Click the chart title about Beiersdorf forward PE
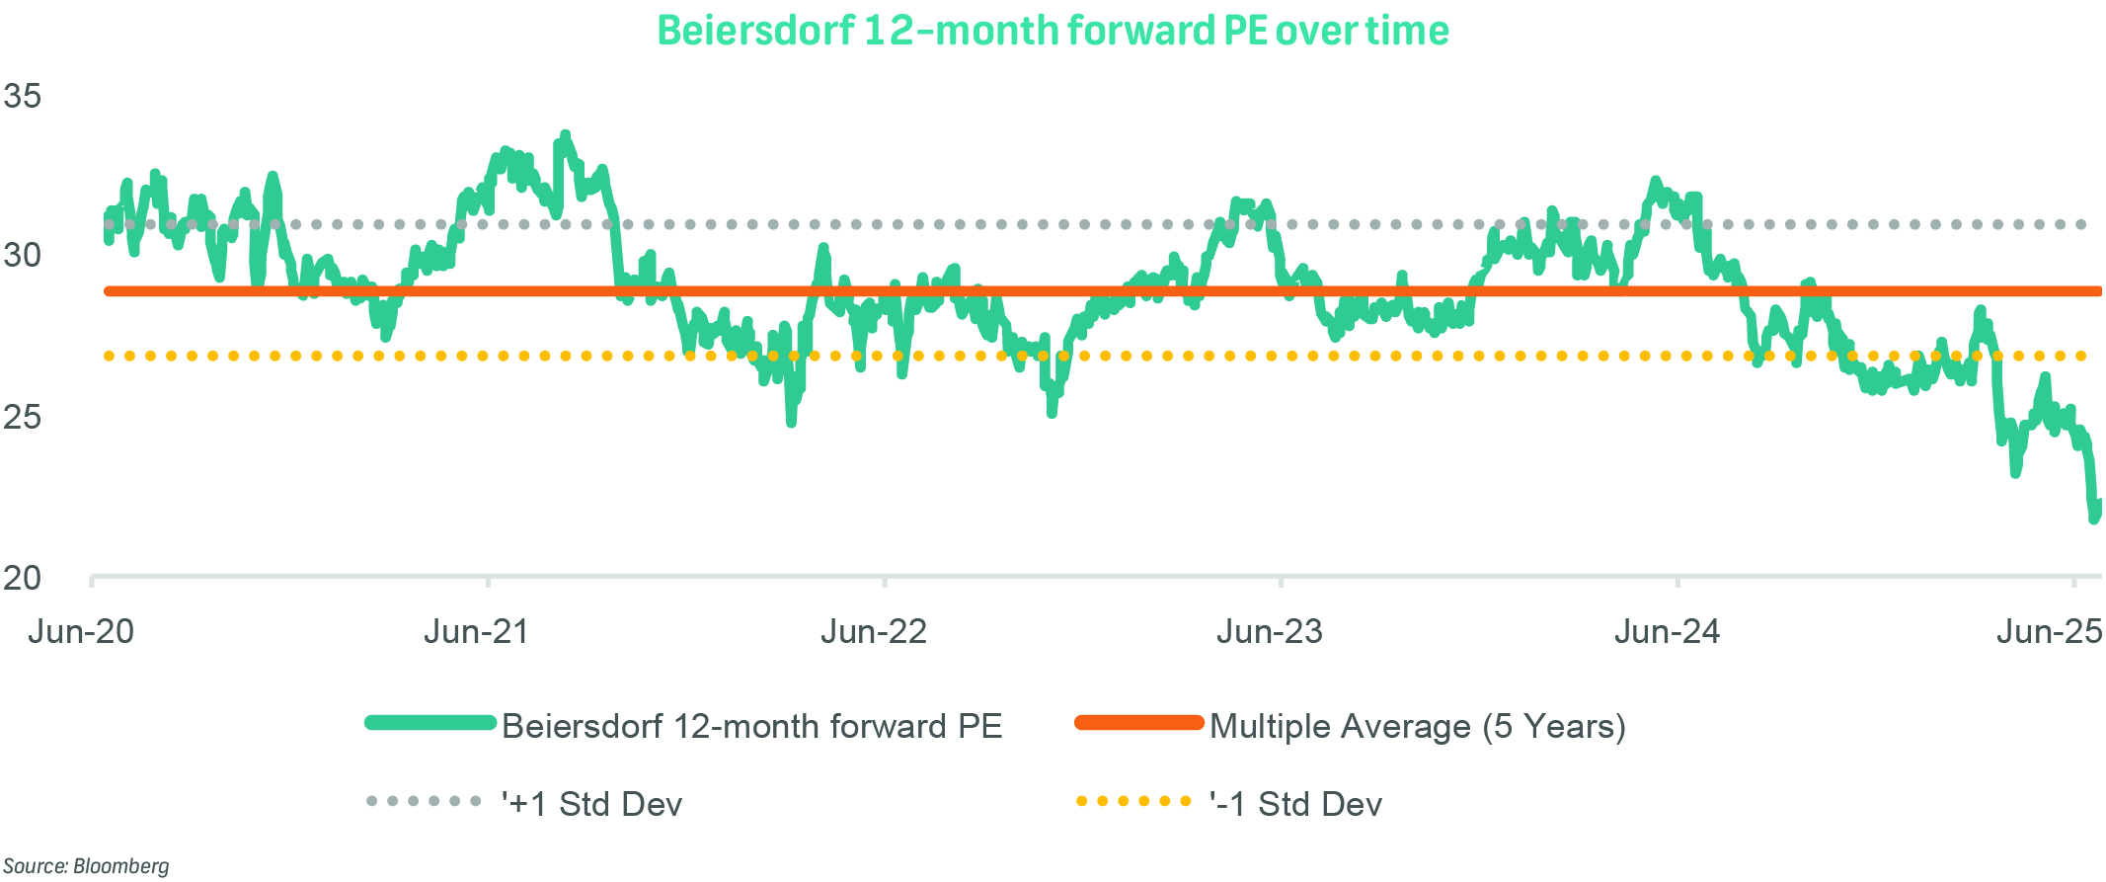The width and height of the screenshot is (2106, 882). coord(1053,31)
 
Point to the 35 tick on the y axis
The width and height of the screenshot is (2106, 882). coord(22,96)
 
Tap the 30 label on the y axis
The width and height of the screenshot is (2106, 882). coord(22,255)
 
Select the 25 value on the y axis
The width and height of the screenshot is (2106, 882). coord(22,417)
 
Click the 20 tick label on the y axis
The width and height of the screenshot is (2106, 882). coord(22,578)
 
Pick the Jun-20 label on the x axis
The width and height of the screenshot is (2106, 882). coord(81,631)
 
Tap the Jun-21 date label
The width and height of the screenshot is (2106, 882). coord(477,631)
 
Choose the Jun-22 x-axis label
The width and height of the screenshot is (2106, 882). coord(874,631)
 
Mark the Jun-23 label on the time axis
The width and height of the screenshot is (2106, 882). coord(1270,631)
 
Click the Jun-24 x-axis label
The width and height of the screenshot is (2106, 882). coord(1667,631)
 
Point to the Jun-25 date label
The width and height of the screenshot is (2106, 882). coord(2049,631)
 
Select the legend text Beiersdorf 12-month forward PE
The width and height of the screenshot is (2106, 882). coord(751,726)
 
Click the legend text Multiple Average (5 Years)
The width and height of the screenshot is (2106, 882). coord(1417,726)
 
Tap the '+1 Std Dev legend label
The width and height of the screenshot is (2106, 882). coord(591,804)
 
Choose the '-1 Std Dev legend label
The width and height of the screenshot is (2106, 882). coord(1295,804)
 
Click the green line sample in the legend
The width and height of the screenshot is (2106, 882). coord(430,722)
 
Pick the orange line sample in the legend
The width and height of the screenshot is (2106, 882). coord(1139,722)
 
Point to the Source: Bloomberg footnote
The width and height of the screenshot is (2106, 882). coord(86,866)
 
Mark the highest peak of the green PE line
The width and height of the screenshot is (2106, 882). coord(565,134)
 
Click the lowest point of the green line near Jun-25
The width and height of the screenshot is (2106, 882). coord(2094,518)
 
